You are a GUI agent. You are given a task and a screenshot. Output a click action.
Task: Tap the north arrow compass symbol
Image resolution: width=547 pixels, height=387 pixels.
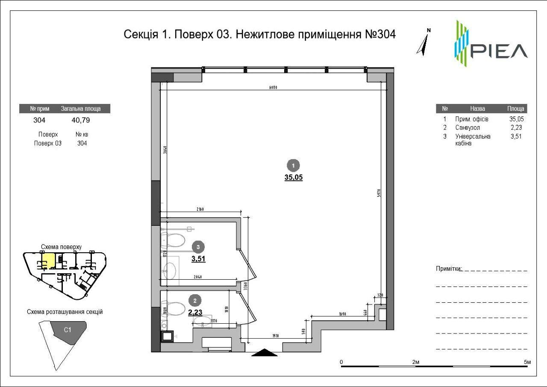pos(423,43)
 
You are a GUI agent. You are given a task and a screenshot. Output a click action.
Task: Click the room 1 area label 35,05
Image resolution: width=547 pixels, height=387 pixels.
pos(294,178)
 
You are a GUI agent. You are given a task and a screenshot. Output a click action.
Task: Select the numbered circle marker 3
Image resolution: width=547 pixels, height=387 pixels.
pos(197,247)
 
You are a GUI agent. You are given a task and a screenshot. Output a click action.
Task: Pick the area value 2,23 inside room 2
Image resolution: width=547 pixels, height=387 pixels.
pos(195,312)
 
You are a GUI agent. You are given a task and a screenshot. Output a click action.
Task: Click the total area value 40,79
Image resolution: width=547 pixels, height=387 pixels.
pos(81,120)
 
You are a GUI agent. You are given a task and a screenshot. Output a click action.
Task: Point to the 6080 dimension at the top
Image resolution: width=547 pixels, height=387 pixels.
pos(273,88)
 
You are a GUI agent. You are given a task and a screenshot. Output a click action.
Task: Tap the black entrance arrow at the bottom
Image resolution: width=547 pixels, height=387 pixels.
pos(265,352)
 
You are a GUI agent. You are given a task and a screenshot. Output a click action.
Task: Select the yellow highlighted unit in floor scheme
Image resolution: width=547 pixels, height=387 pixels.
pos(50,260)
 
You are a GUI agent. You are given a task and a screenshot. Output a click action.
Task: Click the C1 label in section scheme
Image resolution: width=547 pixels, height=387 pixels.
pos(68,330)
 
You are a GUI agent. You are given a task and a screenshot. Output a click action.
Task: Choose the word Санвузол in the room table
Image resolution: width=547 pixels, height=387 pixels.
pos(468,127)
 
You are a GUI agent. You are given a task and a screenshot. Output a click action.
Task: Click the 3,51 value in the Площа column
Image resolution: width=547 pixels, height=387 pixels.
pos(517,137)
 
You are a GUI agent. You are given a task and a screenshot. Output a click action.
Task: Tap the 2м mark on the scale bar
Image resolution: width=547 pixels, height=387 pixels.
pos(415,362)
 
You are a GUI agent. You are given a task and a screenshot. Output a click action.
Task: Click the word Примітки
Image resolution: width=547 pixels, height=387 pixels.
pos(448,269)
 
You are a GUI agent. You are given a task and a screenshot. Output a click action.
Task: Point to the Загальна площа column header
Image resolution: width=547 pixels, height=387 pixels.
pos(81,109)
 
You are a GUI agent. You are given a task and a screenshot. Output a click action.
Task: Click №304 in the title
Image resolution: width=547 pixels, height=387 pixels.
pos(380,34)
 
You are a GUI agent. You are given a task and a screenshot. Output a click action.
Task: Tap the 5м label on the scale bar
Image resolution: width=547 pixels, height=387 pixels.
pos(527,362)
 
